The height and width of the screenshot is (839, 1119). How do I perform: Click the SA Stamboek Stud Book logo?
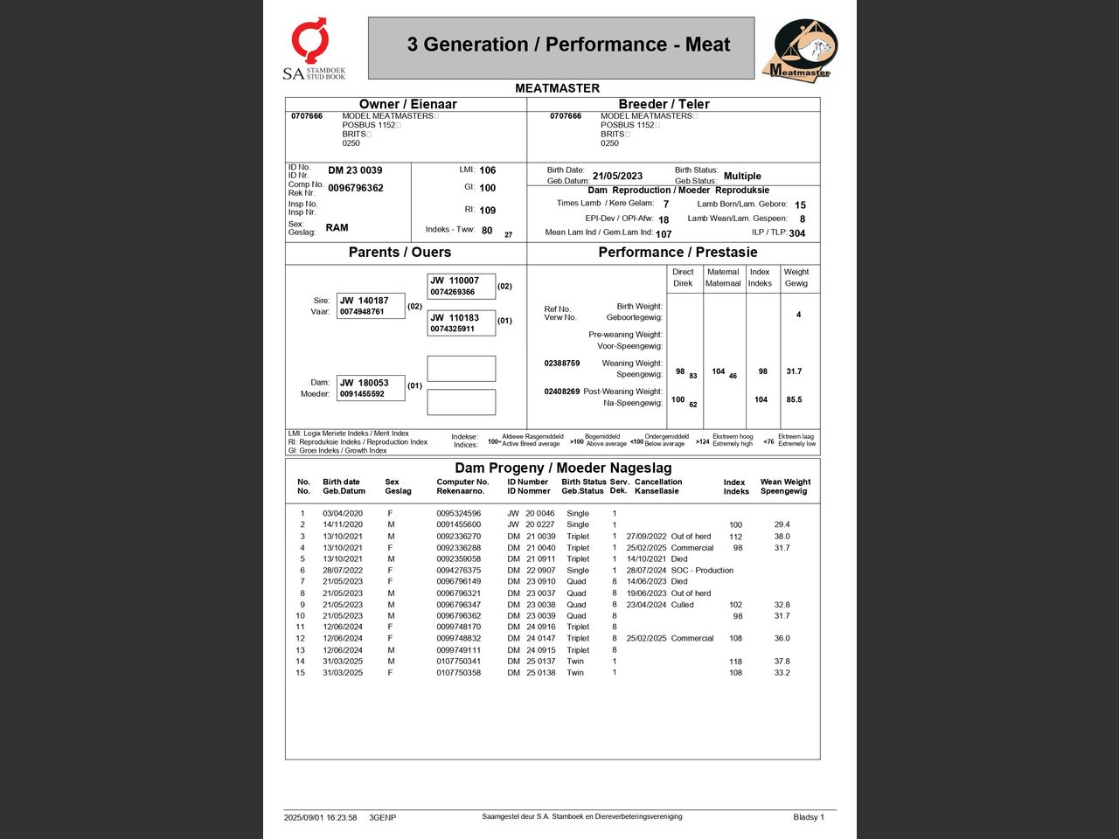314,49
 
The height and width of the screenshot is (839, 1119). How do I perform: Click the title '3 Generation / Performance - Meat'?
568,45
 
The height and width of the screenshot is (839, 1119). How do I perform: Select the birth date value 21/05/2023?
617,177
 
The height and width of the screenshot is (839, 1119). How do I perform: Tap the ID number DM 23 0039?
355,170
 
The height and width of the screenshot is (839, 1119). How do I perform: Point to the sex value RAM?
337,228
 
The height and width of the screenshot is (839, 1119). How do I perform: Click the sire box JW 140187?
371,306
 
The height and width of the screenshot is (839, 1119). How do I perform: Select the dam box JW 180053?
371,388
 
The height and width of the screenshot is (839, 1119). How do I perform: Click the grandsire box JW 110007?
461,286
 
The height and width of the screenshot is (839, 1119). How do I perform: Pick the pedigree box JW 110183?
461,322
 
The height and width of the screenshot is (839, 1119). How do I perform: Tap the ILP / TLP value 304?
797,233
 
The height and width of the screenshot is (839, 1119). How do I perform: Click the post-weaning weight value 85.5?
794,399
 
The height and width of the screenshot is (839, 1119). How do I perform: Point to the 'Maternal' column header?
723,277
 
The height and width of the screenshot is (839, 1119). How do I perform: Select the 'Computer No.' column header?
462,482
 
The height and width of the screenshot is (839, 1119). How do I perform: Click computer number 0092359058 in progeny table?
458,559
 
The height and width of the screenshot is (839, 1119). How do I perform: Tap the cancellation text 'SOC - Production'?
702,571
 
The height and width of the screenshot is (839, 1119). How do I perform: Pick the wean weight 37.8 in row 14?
782,662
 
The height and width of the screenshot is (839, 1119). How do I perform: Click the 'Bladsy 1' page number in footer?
809,818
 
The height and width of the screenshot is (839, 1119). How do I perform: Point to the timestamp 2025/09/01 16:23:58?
320,818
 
